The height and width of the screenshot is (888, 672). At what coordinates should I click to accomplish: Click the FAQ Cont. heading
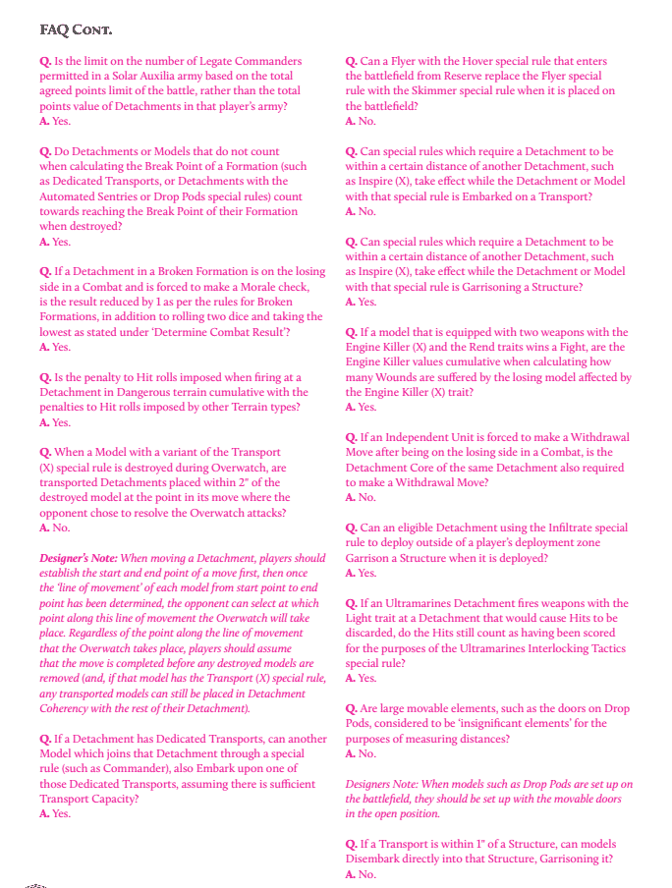[76, 29]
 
